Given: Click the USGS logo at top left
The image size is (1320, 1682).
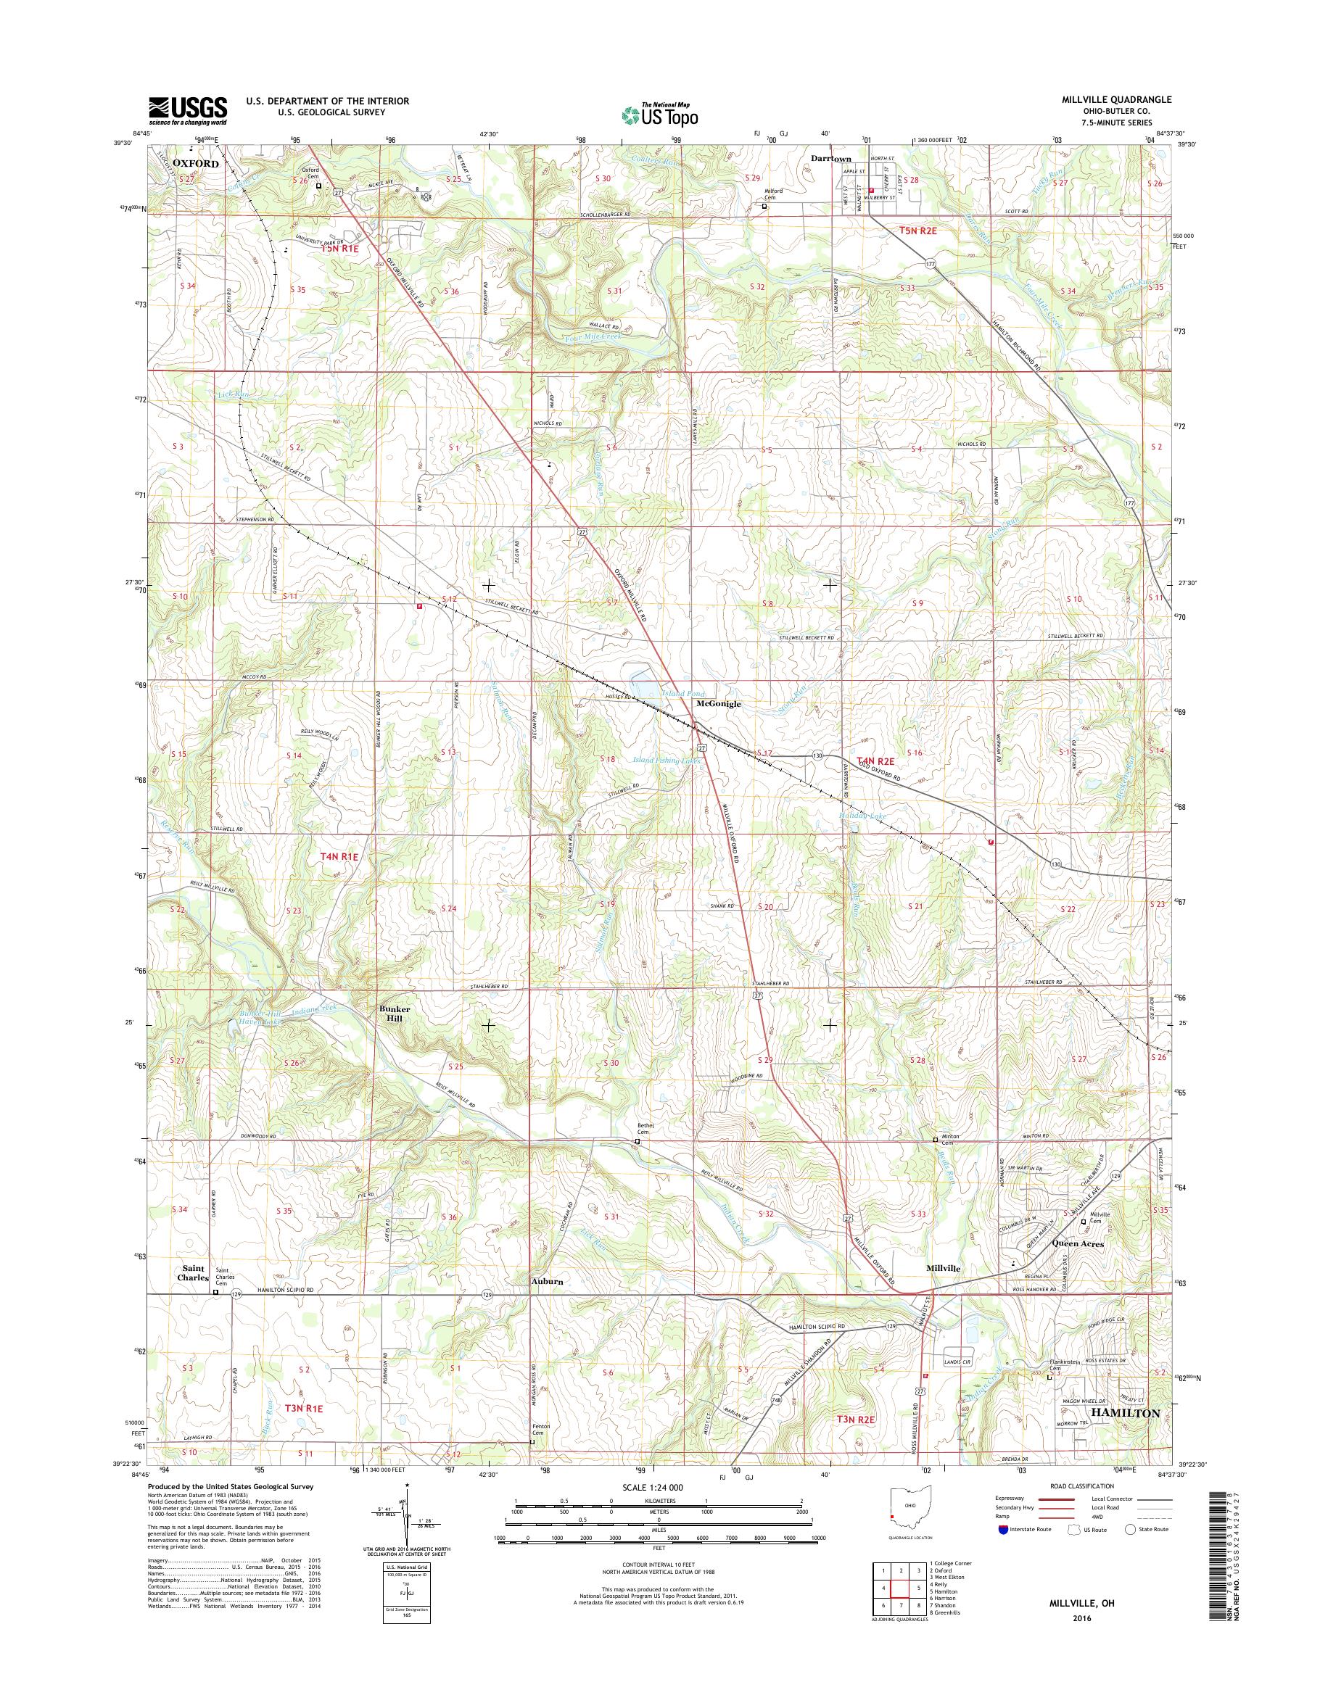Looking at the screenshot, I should click(x=188, y=110).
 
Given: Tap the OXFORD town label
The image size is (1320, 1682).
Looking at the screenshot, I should click(x=196, y=164).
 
